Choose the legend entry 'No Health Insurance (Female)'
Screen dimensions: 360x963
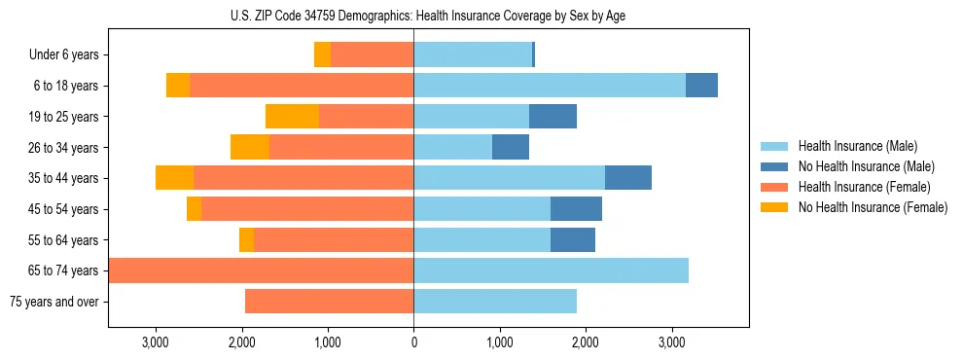873,207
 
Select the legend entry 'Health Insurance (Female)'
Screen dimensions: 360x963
865,187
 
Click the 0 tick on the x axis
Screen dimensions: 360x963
413,342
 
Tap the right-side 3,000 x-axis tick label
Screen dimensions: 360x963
671,342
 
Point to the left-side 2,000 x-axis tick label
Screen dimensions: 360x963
241,342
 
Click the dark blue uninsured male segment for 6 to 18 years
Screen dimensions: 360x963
701,86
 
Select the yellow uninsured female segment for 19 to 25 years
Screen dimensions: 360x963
292,117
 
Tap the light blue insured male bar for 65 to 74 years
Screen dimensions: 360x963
551,270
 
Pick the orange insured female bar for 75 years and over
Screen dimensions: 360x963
329,302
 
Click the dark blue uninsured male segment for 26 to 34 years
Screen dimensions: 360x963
511,147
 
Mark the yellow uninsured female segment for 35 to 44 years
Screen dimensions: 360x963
174,178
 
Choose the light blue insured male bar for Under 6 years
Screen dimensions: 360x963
473,55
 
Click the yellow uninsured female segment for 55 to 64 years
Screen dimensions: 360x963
246,239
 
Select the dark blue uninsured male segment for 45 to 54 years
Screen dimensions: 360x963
576,209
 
